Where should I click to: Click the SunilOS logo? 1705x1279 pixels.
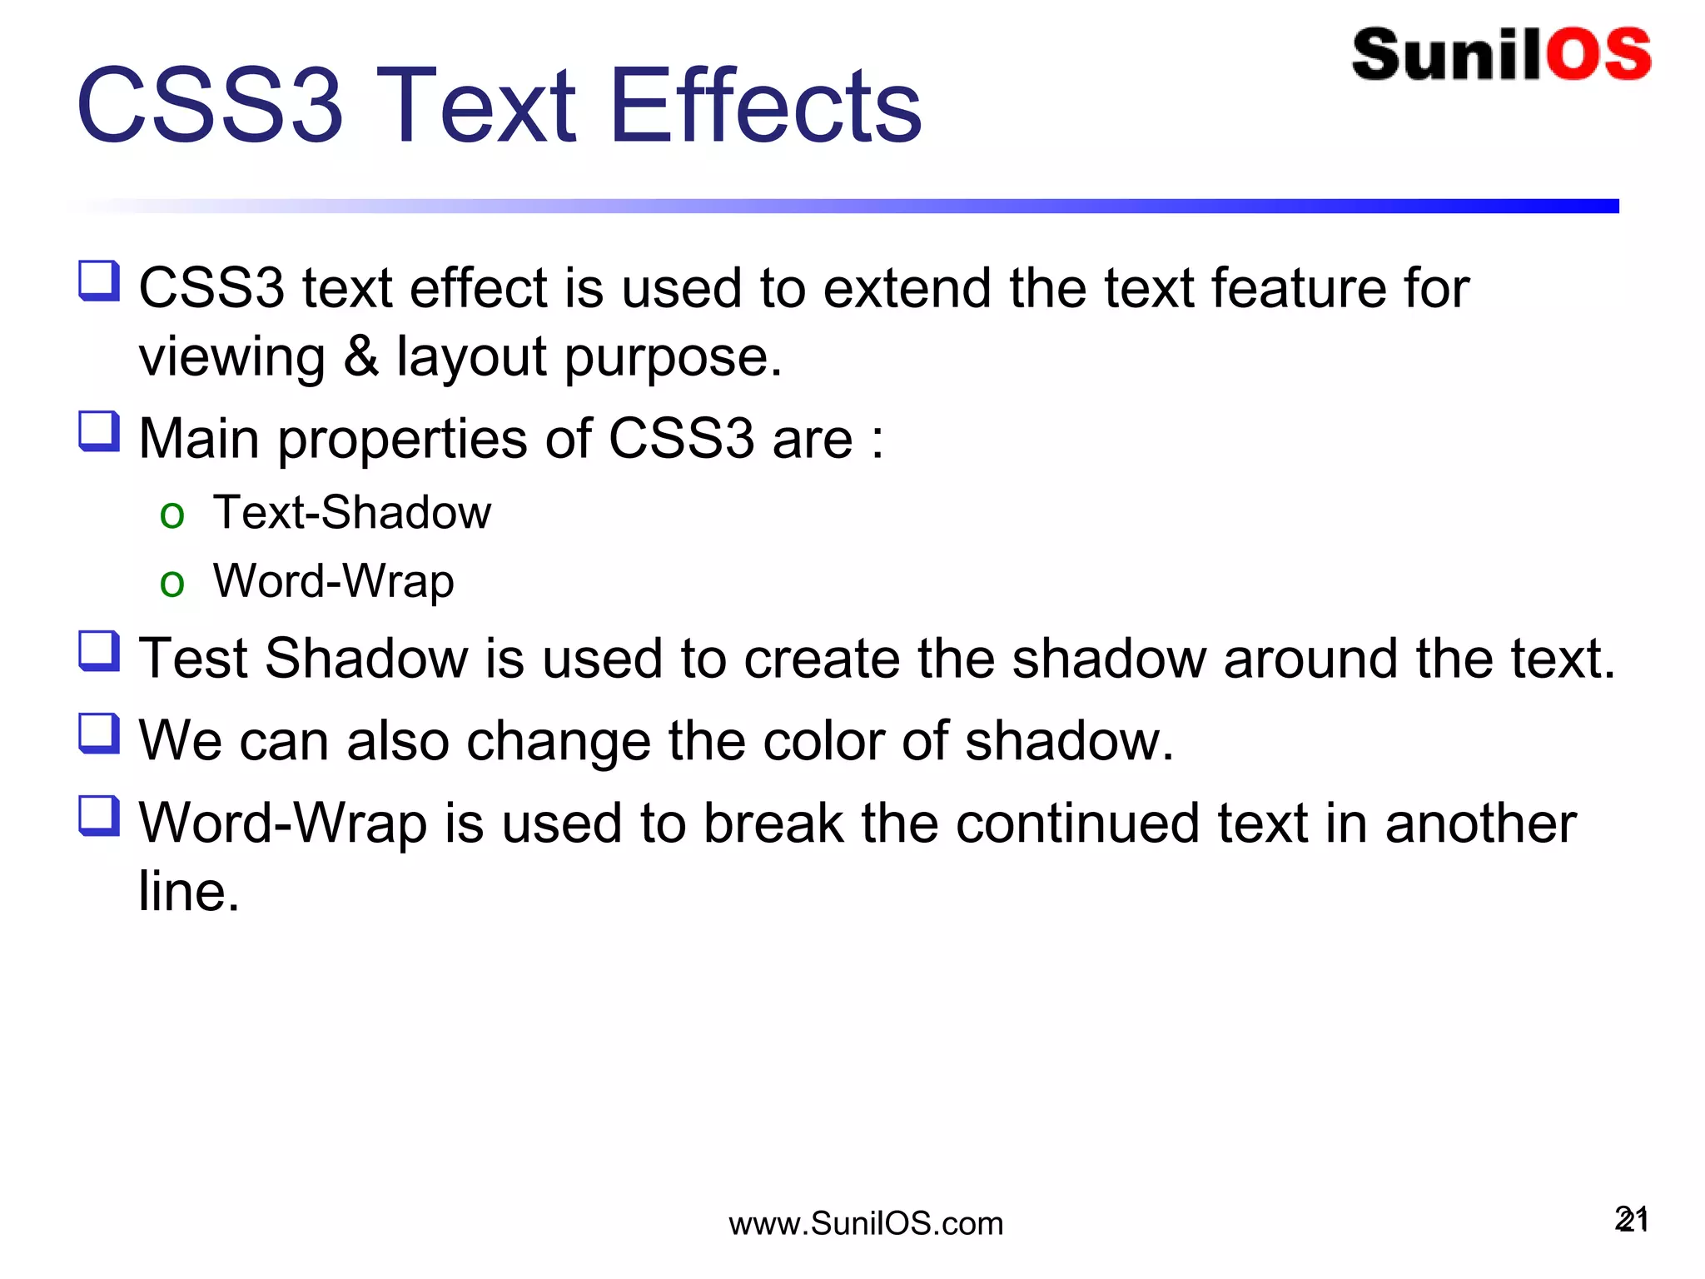point(1501,55)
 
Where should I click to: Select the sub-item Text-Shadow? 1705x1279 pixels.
point(351,512)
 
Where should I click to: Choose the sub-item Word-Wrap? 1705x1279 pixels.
point(333,581)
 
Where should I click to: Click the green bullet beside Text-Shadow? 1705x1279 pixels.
point(172,515)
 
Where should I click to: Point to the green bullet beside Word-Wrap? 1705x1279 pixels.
point(172,584)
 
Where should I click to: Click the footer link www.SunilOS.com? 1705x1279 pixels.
point(866,1223)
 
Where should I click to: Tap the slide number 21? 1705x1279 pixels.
point(1632,1220)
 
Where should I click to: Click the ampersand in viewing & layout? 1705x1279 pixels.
point(361,356)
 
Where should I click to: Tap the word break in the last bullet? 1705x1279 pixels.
point(773,824)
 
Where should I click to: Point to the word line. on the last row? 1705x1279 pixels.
point(189,892)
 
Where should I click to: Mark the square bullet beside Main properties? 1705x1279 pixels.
point(99,431)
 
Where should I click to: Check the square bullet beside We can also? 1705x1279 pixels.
point(99,734)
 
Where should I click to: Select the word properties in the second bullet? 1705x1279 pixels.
point(402,440)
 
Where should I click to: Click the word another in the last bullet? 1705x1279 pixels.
point(1480,824)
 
